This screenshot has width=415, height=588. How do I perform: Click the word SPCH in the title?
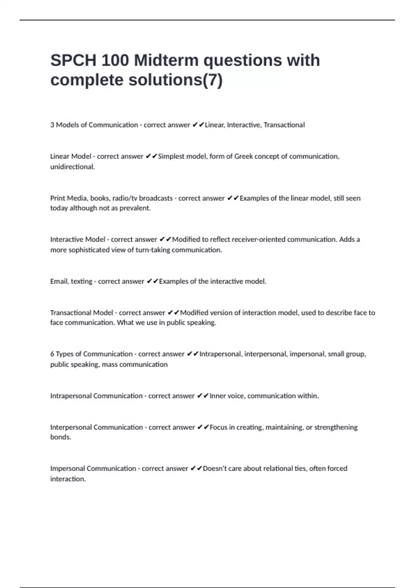click(73, 61)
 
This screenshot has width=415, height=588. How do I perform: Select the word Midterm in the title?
click(166, 61)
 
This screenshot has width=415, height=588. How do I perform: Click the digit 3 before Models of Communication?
click(52, 125)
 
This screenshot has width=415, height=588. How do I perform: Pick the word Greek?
click(243, 156)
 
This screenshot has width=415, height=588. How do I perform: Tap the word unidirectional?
click(72, 167)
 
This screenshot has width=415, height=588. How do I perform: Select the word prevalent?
click(135, 208)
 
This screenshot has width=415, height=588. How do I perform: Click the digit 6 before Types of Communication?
click(52, 354)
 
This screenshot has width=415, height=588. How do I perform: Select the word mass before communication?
click(110, 364)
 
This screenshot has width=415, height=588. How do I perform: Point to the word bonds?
click(61, 437)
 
